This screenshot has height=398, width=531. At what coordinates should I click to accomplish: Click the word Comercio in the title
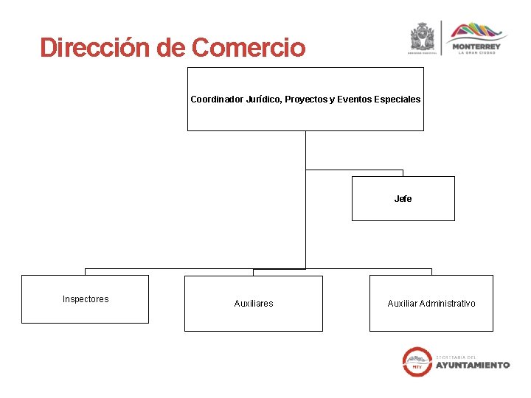(248, 48)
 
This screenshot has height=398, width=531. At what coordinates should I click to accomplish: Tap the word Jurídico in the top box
(263, 99)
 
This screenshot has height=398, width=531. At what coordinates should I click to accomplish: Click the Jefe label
(403, 199)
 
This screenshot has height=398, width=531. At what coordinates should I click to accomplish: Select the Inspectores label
(86, 299)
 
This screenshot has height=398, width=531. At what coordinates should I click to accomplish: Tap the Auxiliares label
(253, 304)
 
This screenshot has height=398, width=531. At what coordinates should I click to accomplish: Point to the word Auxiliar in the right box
(403, 304)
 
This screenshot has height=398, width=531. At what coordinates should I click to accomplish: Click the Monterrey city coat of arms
(423, 37)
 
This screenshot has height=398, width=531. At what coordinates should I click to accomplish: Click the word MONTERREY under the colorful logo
(476, 46)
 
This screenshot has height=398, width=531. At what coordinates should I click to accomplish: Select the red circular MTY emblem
(417, 361)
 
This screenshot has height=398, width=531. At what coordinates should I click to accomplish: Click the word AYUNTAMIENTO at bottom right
(473, 365)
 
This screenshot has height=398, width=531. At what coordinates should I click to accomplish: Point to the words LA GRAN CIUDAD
(476, 53)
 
